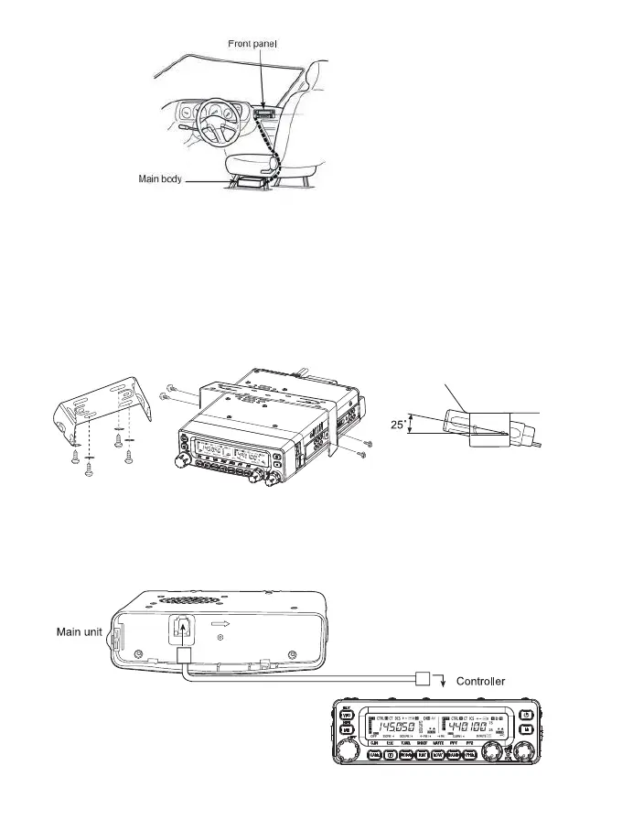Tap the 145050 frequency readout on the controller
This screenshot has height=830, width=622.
coord(392,729)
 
